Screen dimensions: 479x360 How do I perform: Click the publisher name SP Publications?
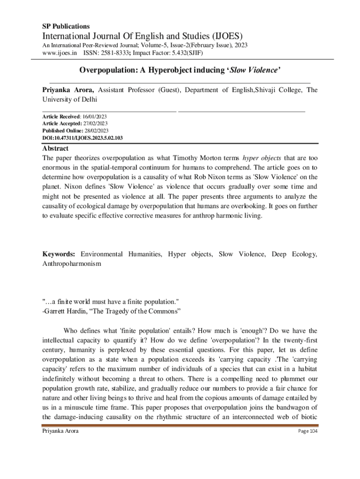(x=66, y=26)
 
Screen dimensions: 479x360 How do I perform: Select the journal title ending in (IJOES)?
(x=142, y=36)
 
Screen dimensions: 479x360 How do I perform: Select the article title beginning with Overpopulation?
(x=180, y=71)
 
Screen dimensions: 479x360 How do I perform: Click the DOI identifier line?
(x=83, y=138)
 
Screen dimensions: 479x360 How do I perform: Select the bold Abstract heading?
(x=56, y=149)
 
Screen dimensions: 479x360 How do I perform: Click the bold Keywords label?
(x=59, y=254)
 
